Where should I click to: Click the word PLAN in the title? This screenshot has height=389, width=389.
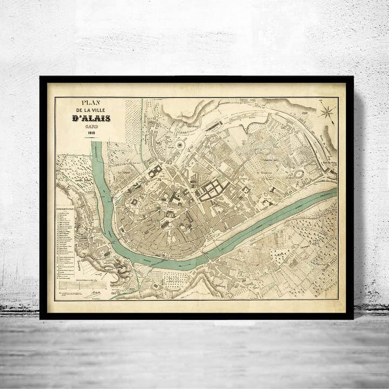91,102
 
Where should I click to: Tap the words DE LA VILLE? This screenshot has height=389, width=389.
91,111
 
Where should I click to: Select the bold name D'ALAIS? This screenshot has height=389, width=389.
91,118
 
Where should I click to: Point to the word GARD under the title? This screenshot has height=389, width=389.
91,126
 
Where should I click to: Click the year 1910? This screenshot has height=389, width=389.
91,132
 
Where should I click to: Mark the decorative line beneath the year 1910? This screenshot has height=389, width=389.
91,137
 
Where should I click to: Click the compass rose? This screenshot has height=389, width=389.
326,112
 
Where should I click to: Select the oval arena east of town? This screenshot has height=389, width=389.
298,174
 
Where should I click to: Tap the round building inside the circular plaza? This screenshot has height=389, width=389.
179,145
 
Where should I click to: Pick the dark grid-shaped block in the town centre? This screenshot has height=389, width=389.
212,189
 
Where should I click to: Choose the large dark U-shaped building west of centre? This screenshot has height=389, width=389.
155,172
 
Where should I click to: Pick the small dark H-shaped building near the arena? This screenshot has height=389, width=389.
273,190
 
